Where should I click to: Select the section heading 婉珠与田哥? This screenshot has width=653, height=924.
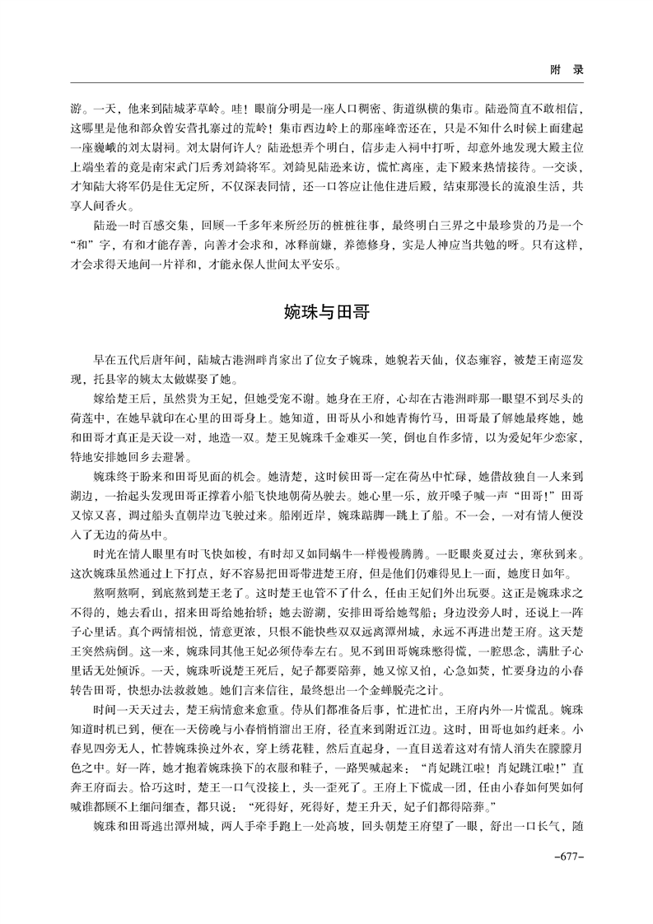point(327,312)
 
